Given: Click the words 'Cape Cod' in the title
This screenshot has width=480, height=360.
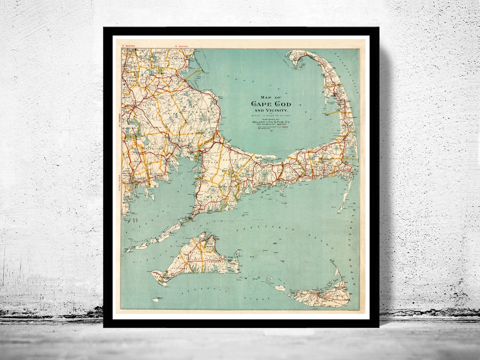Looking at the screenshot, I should (x=271, y=104).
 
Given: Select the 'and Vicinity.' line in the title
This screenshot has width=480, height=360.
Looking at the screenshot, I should (x=271, y=110).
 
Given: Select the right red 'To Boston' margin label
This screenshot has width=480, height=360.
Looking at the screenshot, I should (x=182, y=46).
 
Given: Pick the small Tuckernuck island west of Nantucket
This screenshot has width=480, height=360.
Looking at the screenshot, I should (x=280, y=288).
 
